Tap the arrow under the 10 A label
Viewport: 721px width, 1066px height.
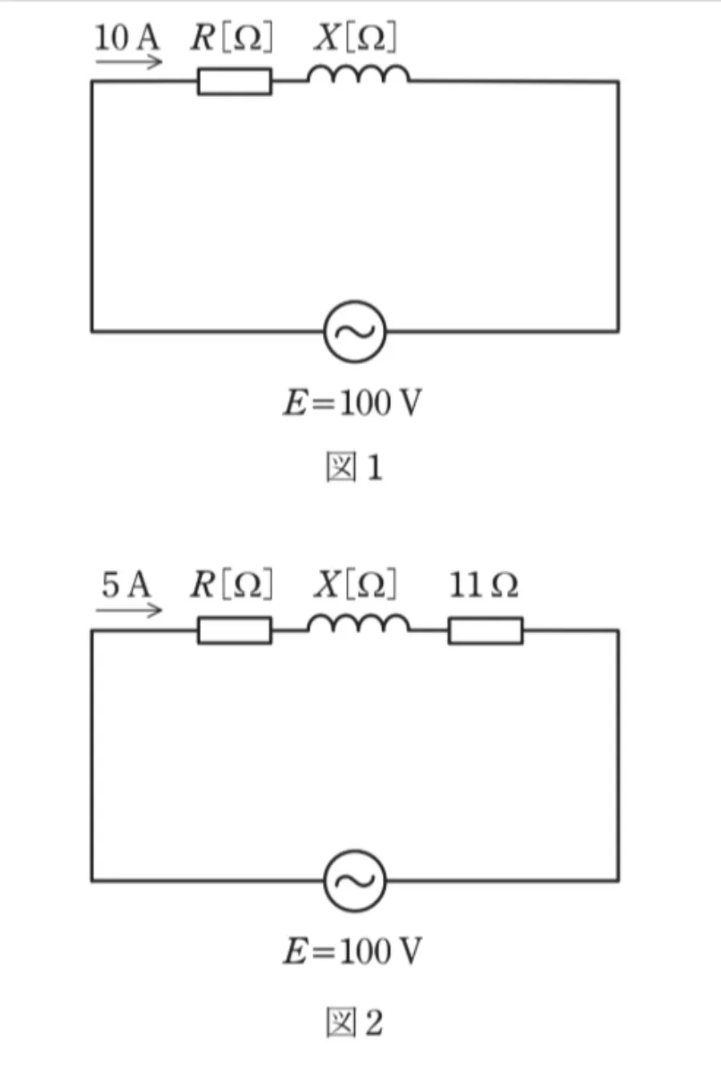point(129,62)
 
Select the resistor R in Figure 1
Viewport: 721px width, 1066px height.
point(235,82)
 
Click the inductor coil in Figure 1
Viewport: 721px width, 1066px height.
point(359,74)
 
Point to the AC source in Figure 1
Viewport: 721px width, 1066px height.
point(355,331)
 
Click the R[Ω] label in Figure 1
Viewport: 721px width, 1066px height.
point(232,37)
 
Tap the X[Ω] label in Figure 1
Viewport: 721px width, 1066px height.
point(355,37)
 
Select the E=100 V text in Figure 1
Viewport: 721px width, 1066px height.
point(352,403)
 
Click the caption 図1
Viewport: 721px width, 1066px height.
point(354,467)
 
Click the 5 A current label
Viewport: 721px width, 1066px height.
point(127,584)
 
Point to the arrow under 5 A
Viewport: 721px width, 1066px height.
point(129,610)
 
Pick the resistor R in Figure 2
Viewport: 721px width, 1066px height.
point(235,630)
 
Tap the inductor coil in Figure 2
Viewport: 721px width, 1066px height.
point(359,623)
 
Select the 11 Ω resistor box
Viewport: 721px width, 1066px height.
point(485,630)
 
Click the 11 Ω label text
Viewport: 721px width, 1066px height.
point(484,584)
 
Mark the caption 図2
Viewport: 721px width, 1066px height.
point(354,1022)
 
